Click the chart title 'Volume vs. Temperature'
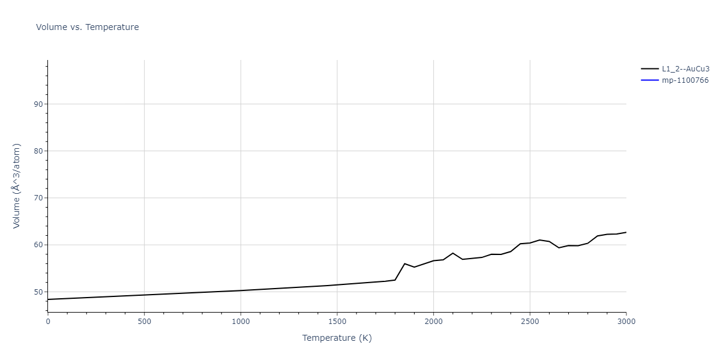pos(88,27)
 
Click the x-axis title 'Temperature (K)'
pos(337,338)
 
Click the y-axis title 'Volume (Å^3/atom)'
pos(17,185)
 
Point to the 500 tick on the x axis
pos(144,322)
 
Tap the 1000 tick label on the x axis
pos(241,322)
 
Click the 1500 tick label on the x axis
pos(337,322)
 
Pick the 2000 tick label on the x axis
pos(433,322)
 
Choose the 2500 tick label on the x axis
pos(530,322)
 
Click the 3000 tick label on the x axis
pos(626,322)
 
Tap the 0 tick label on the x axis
pos(48,322)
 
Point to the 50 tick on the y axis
pos(39,292)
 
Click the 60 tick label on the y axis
pos(39,245)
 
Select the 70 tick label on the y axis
pos(39,198)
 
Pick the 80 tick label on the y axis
pos(39,151)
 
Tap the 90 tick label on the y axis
pos(39,104)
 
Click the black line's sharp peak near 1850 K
pos(404,263)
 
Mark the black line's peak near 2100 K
pos(452,253)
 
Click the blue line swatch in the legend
pos(650,80)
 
